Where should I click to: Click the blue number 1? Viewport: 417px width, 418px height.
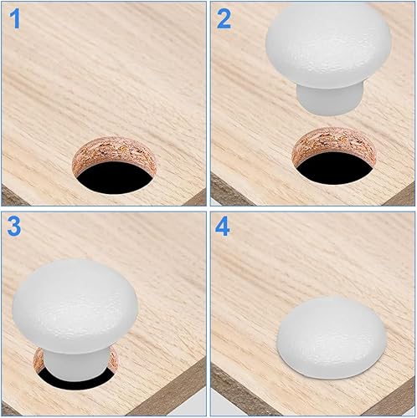pos(15,19)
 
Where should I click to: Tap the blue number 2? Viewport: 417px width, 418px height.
pos(224,19)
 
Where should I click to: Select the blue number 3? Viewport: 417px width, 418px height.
pos(14,227)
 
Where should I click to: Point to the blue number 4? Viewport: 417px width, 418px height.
pos(223,227)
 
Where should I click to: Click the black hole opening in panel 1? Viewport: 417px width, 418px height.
pos(115,178)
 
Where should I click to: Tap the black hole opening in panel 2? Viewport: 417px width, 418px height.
pos(334,169)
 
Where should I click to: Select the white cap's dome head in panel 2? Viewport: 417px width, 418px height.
pos(328,44)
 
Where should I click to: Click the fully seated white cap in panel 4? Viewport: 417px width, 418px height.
pos(332,338)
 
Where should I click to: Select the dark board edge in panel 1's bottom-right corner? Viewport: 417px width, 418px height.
pos(198,198)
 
